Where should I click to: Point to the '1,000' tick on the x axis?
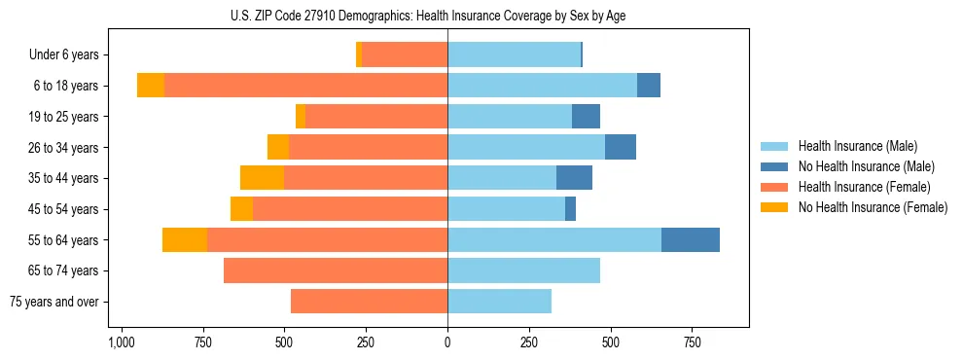[x=121, y=342]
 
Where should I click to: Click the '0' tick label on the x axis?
[x=447, y=342]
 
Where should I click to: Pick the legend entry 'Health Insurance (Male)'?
[x=857, y=146]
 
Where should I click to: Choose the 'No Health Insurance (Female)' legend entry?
[x=873, y=207]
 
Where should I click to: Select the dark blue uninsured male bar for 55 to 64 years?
[x=691, y=239]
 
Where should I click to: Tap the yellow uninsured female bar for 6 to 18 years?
[x=151, y=86]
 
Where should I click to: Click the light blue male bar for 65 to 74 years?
[x=523, y=270]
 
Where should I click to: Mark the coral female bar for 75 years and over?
[x=369, y=302]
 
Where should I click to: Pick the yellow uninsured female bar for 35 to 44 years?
[x=262, y=178]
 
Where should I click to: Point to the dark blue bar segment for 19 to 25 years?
[x=586, y=117]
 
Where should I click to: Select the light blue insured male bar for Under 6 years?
[x=514, y=54]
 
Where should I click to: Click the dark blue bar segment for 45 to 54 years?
[x=570, y=209]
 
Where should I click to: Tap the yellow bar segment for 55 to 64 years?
[x=185, y=239]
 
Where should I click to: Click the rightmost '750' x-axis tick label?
[x=692, y=342]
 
